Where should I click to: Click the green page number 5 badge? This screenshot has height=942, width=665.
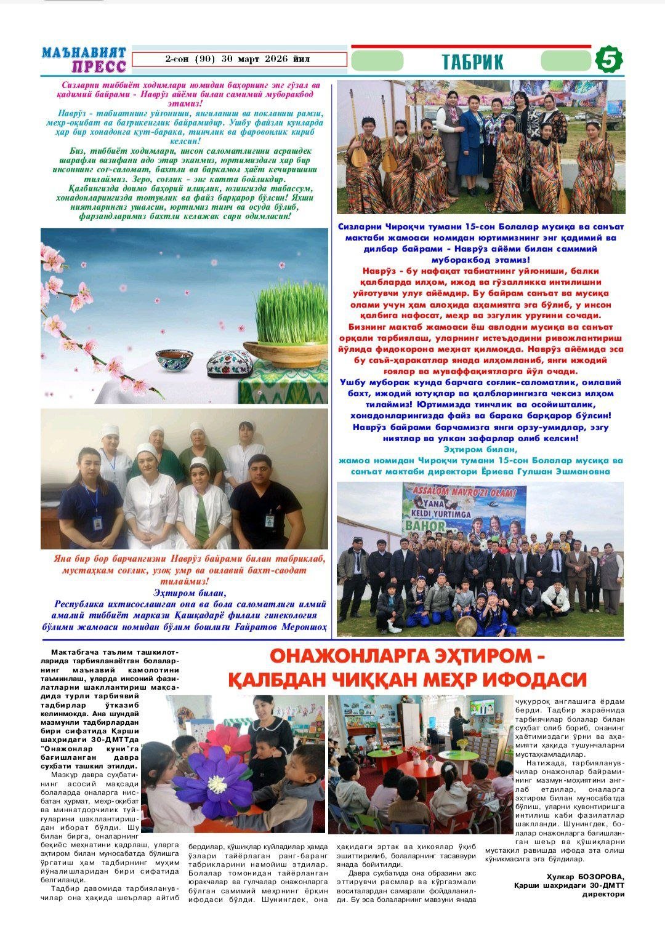click(608, 60)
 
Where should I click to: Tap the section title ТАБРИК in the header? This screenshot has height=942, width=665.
click(472, 62)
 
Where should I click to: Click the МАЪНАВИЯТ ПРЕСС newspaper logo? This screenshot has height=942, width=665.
click(84, 60)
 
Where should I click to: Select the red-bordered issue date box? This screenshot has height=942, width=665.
click(239, 60)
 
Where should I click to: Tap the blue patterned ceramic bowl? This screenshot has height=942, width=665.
click(174, 360)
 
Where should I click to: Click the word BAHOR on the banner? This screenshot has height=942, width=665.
click(424, 526)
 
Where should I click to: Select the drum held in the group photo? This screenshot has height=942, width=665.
click(466, 626)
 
